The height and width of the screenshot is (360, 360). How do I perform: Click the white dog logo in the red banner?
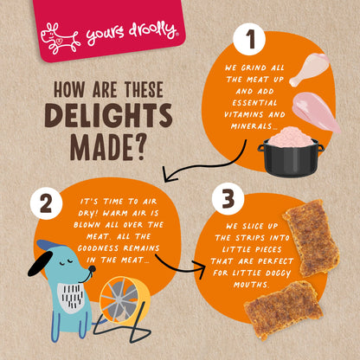(60, 39)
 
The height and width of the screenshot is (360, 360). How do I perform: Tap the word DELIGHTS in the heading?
(109, 115)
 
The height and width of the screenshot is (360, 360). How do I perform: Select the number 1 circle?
(250, 40)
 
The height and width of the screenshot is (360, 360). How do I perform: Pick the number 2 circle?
(46, 203)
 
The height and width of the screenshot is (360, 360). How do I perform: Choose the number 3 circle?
(228, 199)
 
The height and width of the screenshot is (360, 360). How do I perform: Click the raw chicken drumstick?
(309, 69)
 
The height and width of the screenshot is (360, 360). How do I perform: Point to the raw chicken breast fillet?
(317, 112)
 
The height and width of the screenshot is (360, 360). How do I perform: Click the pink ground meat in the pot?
(291, 137)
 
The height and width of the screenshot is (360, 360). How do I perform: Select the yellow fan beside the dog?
(125, 300)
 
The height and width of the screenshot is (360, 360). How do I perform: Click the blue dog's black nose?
(92, 269)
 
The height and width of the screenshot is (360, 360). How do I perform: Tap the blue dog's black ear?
(41, 263)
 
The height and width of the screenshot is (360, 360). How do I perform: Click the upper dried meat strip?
(311, 237)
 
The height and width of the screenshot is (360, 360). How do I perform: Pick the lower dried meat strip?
(283, 310)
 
